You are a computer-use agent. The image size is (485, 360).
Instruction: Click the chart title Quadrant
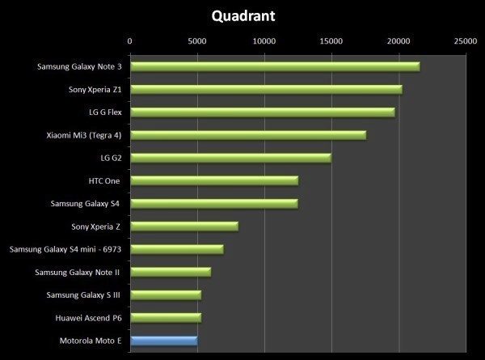(243, 16)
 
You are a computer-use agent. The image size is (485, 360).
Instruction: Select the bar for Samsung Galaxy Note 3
(275, 66)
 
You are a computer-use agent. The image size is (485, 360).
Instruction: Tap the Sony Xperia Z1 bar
(266, 90)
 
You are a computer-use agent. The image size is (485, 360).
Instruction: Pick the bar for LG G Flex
(263, 112)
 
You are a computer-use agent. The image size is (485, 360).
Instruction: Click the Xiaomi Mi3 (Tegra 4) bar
(248, 135)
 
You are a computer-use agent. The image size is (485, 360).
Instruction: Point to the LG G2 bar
(230, 158)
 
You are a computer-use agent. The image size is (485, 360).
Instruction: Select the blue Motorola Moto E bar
(164, 341)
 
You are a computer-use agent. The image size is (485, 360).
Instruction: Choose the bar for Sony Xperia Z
(184, 227)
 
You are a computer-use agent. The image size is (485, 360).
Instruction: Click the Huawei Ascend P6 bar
(166, 318)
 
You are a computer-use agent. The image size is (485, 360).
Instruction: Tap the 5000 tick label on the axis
(197, 41)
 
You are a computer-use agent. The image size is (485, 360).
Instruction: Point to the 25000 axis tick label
(466, 41)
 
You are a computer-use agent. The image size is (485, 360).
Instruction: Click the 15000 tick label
(331, 41)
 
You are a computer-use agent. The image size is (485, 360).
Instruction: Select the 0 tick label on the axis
(130, 41)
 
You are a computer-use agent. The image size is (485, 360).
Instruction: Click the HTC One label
(104, 180)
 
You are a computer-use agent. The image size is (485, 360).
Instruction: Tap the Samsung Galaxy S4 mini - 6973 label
(65, 249)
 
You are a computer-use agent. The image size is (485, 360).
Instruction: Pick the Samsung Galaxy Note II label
(78, 273)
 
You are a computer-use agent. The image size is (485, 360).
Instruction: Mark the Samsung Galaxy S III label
(83, 295)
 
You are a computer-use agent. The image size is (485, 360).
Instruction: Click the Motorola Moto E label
(91, 341)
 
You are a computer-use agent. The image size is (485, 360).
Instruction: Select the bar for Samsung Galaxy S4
(214, 204)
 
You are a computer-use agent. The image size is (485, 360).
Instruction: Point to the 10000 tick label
(264, 41)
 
